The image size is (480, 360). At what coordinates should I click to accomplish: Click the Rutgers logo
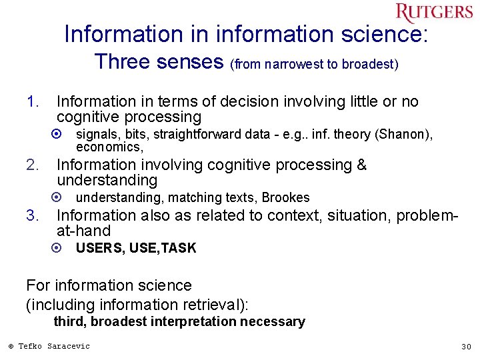434,13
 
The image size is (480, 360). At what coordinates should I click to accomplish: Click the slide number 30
466,347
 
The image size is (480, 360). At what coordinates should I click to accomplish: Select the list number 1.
33,102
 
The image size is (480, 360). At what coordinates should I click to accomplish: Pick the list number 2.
33,165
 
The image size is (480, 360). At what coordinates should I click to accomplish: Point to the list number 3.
33,216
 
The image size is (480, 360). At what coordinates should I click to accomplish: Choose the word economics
108,147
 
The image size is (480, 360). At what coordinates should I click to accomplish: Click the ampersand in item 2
361,165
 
